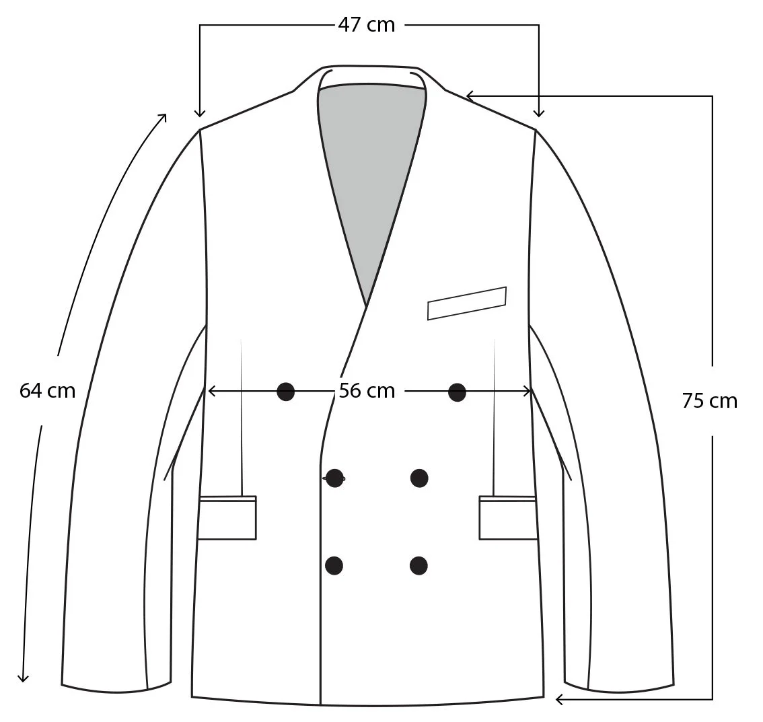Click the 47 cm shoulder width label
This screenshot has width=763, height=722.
[x=367, y=25]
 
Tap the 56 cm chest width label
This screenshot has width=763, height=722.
[x=367, y=390]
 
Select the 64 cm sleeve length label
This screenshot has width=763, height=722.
[x=47, y=390]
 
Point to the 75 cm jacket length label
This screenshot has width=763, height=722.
[x=709, y=401]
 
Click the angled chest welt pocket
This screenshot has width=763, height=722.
[x=467, y=303]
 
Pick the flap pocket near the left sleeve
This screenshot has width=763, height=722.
[x=227, y=517]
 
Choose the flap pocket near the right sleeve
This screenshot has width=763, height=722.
[x=508, y=517]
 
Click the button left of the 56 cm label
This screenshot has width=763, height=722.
[x=286, y=391]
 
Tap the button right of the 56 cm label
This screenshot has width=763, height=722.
[x=457, y=391]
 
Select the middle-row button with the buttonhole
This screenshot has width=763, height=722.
[x=334, y=478]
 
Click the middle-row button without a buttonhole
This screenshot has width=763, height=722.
[x=419, y=478]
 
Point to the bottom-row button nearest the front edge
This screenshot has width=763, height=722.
[x=334, y=565]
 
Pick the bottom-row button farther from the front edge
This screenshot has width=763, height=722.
[x=419, y=565]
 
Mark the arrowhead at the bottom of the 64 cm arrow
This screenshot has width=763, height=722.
[x=24, y=678]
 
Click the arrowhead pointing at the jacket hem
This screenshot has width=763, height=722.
[x=558, y=700]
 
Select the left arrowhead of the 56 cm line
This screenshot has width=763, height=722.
[x=211, y=390]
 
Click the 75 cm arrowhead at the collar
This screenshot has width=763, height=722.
[x=470, y=96]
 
